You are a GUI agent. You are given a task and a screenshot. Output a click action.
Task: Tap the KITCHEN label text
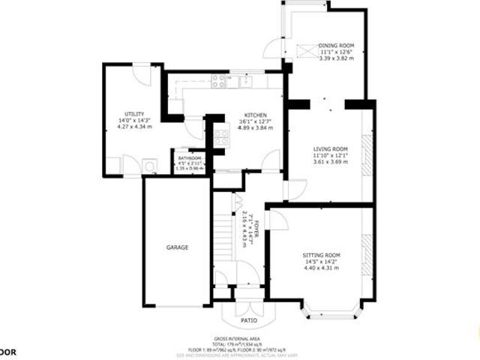(x=254, y=115)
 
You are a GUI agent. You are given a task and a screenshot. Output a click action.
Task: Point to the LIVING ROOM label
(x=330, y=148)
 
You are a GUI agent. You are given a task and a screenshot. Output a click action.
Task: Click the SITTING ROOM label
(x=321, y=255)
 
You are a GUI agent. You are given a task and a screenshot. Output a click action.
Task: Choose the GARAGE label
(x=177, y=247)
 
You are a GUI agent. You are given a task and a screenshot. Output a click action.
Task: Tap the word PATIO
(x=249, y=320)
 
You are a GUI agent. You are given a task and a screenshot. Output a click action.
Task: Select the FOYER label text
(x=255, y=227)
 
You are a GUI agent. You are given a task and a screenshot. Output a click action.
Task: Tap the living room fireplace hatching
(x=367, y=155)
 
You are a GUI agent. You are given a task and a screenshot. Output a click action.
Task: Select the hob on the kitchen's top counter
(x=220, y=79)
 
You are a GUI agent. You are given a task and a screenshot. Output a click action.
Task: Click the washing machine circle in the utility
(x=148, y=166)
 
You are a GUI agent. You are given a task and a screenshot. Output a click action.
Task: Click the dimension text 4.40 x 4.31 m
(x=321, y=268)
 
